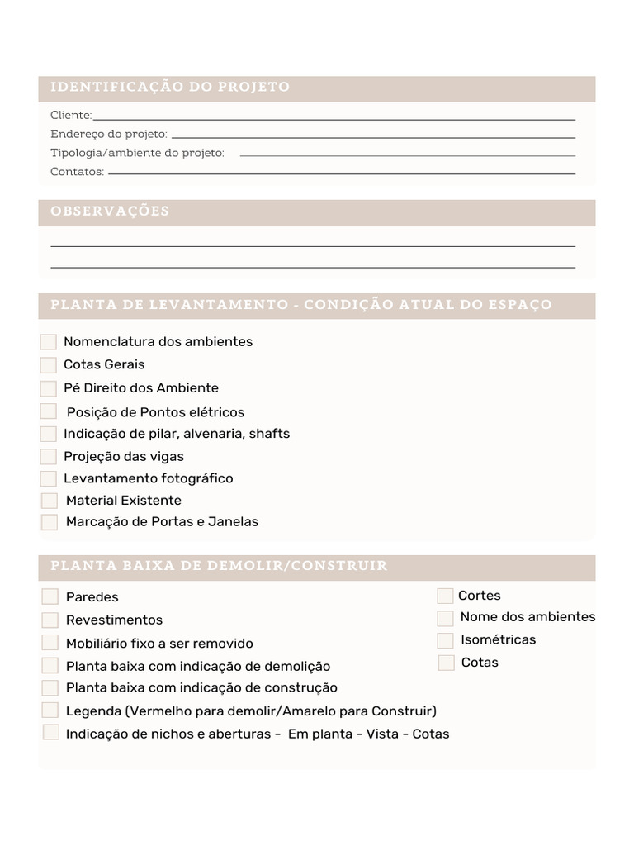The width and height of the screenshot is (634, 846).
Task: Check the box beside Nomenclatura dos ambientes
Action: pyautogui.click(x=48, y=342)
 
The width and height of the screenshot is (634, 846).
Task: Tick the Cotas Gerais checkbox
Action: pyautogui.click(x=48, y=365)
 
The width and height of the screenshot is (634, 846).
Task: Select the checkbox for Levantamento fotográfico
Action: pyautogui.click(x=48, y=479)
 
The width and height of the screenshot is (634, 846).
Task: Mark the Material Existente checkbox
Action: pyautogui.click(x=50, y=501)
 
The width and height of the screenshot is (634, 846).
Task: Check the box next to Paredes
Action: pyautogui.click(x=50, y=596)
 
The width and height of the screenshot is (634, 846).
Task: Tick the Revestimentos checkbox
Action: pyautogui.click(x=50, y=620)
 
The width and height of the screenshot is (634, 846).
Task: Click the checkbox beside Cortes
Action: pyautogui.click(x=445, y=596)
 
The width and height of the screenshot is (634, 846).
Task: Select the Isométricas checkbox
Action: pyautogui.click(x=445, y=640)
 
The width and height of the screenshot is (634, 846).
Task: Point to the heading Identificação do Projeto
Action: pyautogui.click(x=170, y=88)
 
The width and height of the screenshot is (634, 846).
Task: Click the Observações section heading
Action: pyautogui.click(x=110, y=211)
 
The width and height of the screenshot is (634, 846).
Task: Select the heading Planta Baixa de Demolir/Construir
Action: pyautogui.click(x=219, y=566)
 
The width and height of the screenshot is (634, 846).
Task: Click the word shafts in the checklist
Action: pyautogui.click(x=269, y=434)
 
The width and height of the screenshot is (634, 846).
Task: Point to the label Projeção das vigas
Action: pyautogui.click(x=124, y=457)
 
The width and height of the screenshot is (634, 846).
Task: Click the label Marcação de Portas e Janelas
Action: pyautogui.click(x=162, y=522)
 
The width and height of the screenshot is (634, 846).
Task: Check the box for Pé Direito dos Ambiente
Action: pyautogui.click(x=48, y=388)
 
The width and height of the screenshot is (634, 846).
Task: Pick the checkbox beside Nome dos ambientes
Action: pyautogui.click(x=445, y=618)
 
